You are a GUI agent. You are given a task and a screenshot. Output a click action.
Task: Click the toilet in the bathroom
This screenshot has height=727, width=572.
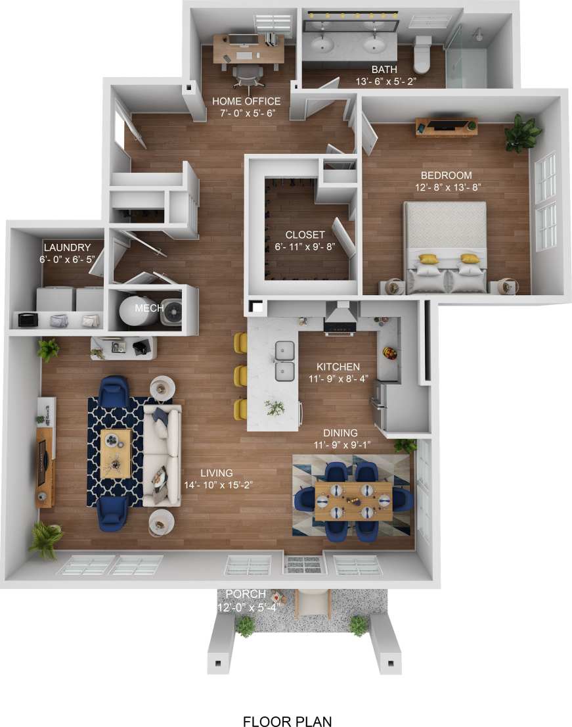[x=422, y=55]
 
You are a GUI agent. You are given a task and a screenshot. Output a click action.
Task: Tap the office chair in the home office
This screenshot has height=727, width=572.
[x=246, y=76]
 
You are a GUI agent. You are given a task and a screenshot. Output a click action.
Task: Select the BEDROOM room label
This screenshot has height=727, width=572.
[x=447, y=176]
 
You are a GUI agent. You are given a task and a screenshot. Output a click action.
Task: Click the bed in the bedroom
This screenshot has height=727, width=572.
[x=445, y=246]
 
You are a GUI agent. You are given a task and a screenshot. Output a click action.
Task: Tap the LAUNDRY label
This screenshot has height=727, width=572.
[x=66, y=247]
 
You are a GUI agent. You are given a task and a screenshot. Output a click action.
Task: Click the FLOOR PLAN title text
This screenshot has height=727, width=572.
[x=287, y=703]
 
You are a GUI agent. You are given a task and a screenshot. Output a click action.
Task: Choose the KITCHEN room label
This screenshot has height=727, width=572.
[x=338, y=367]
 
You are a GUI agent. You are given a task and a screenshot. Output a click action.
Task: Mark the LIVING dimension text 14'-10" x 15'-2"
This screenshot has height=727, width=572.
[x=219, y=485]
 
